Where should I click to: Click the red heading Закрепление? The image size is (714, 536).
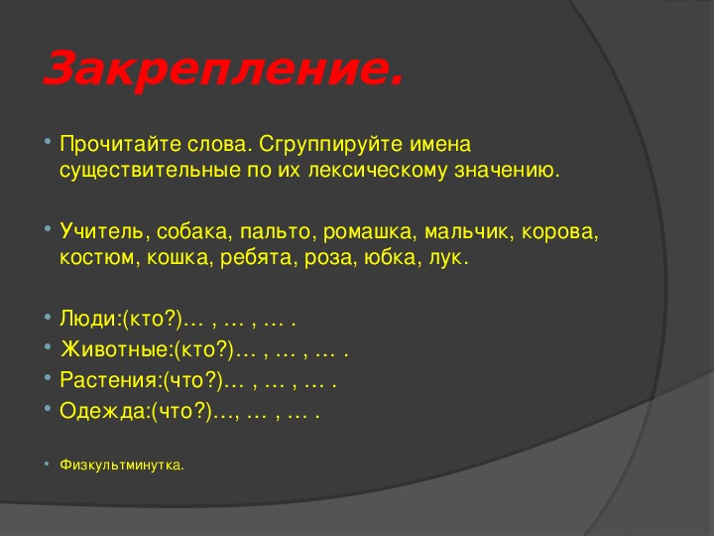click(223, 67)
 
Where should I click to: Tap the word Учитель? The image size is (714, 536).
click(101, 231)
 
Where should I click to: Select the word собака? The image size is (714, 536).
click(191, 232)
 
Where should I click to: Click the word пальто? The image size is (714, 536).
click(275, 232)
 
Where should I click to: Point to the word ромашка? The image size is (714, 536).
click(368, 232)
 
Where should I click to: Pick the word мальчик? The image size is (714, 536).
click(465, 232)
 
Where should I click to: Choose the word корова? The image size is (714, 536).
click(557, 232)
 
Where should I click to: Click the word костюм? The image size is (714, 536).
click(96, 258)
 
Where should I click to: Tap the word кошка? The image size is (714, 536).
click(178, 257)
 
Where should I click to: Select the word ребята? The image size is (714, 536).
click(256, 257)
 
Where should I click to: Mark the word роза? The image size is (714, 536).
click(328, 258)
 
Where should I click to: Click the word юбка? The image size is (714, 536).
click(390, 257)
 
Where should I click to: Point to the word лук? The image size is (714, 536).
click(445, 258)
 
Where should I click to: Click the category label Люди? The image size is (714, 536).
click(88, 319)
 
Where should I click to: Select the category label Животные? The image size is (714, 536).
click(115, 349)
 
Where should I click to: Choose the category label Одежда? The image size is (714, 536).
click(102, 411)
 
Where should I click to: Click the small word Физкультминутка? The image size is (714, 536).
click(121, 466)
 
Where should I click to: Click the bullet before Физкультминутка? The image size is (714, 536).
click(47, 464)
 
